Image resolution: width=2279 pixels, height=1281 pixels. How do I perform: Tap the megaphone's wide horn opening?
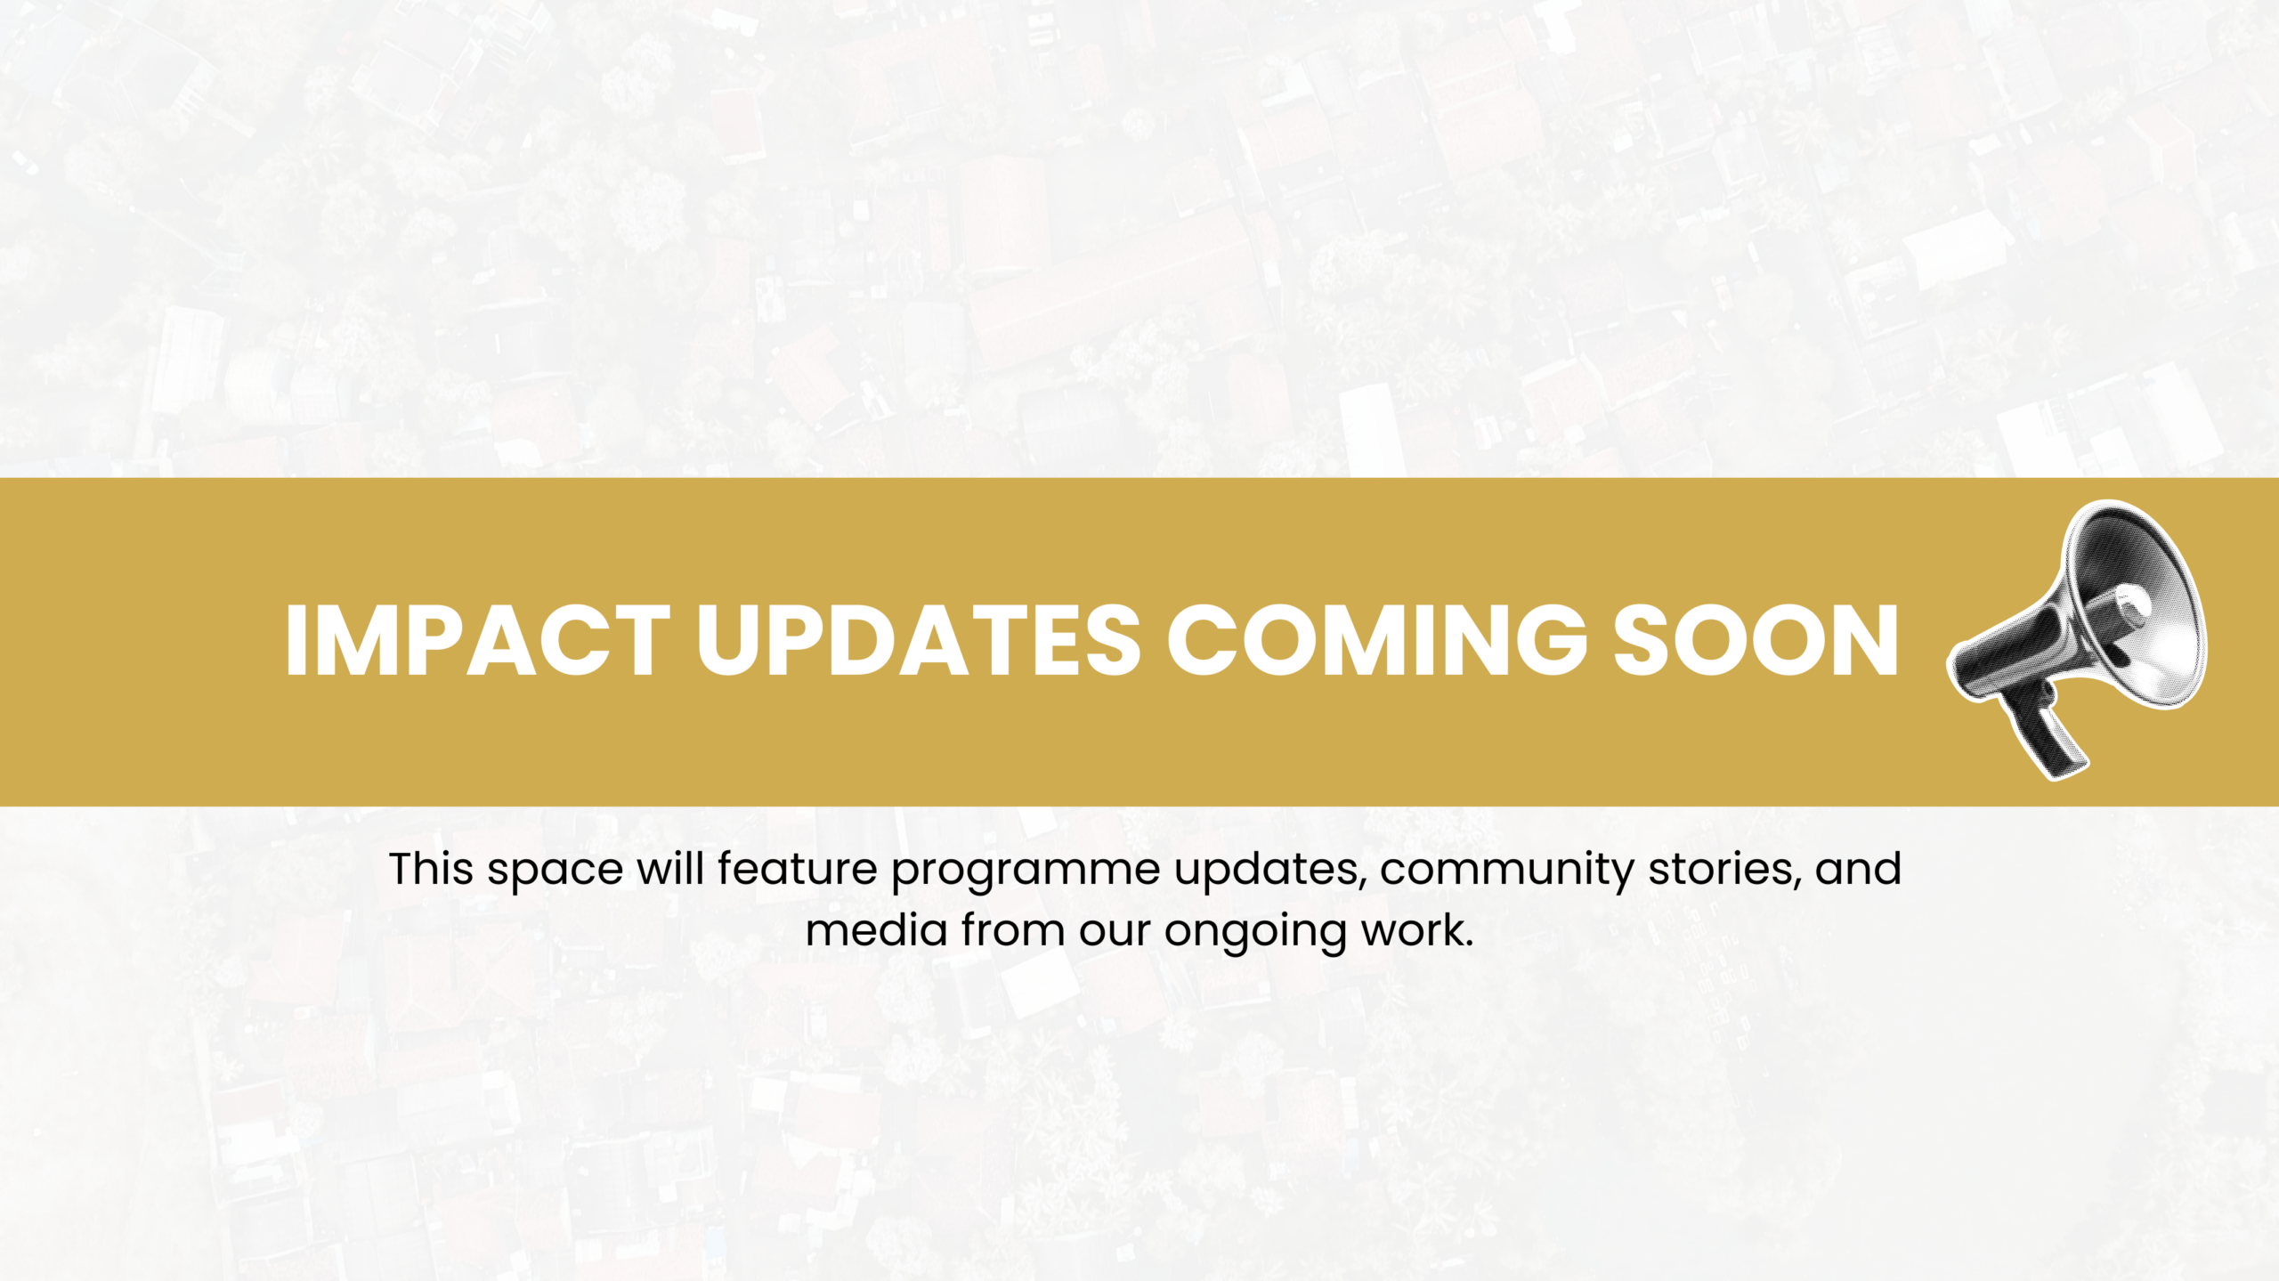2141,605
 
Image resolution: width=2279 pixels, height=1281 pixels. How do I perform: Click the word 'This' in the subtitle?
431,869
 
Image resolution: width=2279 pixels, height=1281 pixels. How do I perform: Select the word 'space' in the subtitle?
555,871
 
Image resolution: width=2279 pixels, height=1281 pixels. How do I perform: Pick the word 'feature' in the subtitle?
798,869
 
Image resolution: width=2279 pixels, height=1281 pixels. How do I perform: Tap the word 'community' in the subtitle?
1506,871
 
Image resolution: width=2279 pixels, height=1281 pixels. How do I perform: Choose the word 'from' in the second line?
1013,931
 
